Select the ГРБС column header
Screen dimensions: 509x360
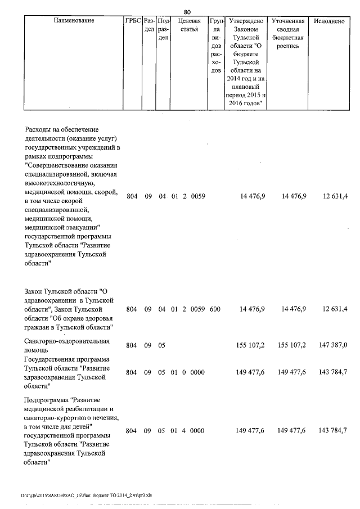[133, 21]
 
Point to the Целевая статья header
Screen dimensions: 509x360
[188, 25]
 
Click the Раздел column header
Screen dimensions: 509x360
[149, 25]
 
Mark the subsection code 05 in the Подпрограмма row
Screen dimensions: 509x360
[162, 430]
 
